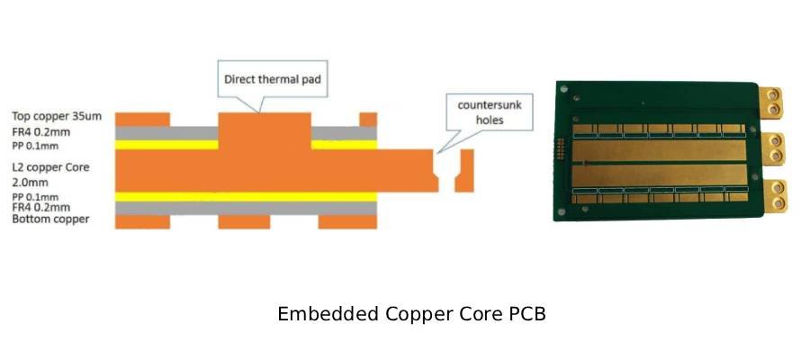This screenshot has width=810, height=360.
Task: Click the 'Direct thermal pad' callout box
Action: [x=273, y=78]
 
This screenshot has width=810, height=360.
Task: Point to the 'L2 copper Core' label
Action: [x=50, y=167]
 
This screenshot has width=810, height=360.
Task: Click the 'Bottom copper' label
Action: [x=50, y=220]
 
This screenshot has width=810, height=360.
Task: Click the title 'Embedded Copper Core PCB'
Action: [x=411, y=315]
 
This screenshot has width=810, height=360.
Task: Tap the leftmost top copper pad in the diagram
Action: [x=143, y=119]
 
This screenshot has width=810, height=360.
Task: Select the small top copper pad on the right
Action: [x=368, y=119]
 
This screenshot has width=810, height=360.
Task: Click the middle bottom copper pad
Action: [x=244, y=221]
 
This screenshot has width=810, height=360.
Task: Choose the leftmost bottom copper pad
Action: [x=143, y=221]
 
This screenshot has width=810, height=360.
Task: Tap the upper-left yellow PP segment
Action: [x=167, y=144]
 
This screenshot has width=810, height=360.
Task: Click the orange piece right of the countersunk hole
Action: [x=464, y=170]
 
